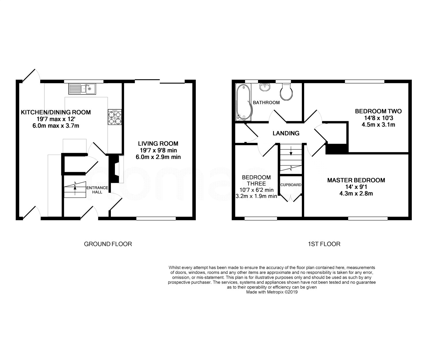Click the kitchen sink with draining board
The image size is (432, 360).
(x=82, y=89)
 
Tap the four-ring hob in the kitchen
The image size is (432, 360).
(x=115, y=117)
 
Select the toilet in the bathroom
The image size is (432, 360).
(x=286, y=92)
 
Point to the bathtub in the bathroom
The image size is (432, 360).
(x=244, y=102)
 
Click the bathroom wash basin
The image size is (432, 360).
(x=265, y=87)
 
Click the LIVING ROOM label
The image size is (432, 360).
(x=158, y=143)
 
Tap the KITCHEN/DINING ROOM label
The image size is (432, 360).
(x=56, y=112)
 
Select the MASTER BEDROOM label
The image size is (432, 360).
(x=356, y=180)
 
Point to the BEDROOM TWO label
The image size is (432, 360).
(x=378, y=111)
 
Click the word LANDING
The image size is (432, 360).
(x=286, y=133)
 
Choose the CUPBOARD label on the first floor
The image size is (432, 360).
(x=291, y=185)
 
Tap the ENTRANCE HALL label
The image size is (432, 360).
(x=97, y=190)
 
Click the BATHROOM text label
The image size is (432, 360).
(x=266, y=103)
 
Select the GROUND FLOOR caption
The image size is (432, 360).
(x=108, y=244)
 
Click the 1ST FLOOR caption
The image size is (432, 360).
(x=324, y=244)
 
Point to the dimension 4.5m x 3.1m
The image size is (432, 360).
(x=378, y=125)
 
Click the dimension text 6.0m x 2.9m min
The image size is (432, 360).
(x=158, y=157)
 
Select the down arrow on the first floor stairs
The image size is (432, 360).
(x=291, y=151)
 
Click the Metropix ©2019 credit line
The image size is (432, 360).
(x=272, y=292)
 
